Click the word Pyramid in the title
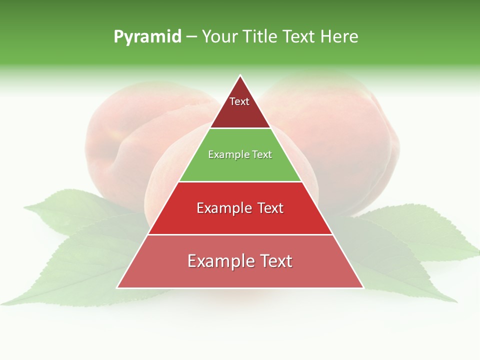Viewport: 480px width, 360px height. coord(147,37)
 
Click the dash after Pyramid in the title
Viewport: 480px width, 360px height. coord(191,37)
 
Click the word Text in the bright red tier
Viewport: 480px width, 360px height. coord(265,208)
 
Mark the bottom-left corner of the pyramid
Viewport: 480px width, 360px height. coord(117,287)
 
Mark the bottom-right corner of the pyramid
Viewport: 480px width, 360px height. coord(363,287)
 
